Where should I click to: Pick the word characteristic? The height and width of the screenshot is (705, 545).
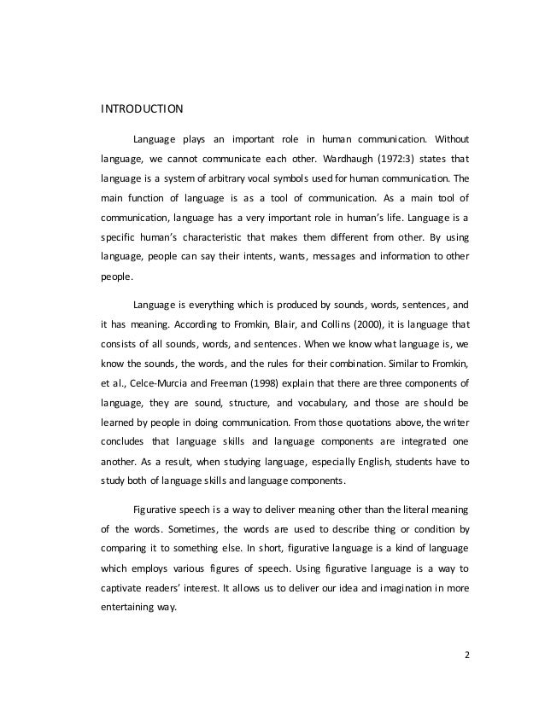point(199,231)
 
